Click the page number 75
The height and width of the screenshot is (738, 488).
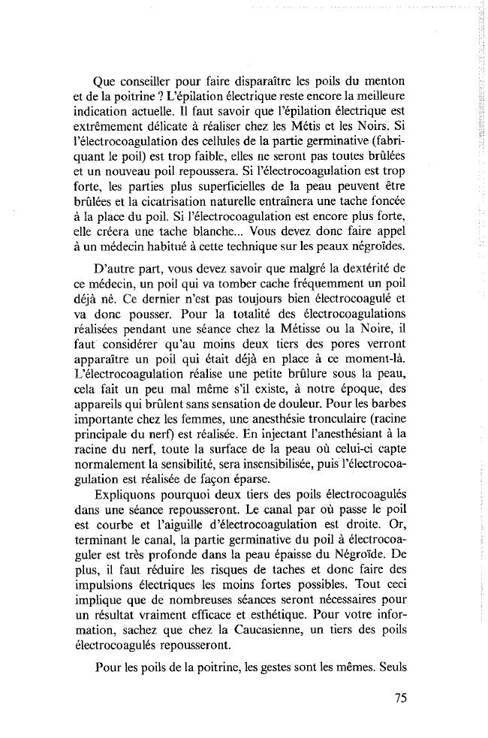click(x=399, y=697)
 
